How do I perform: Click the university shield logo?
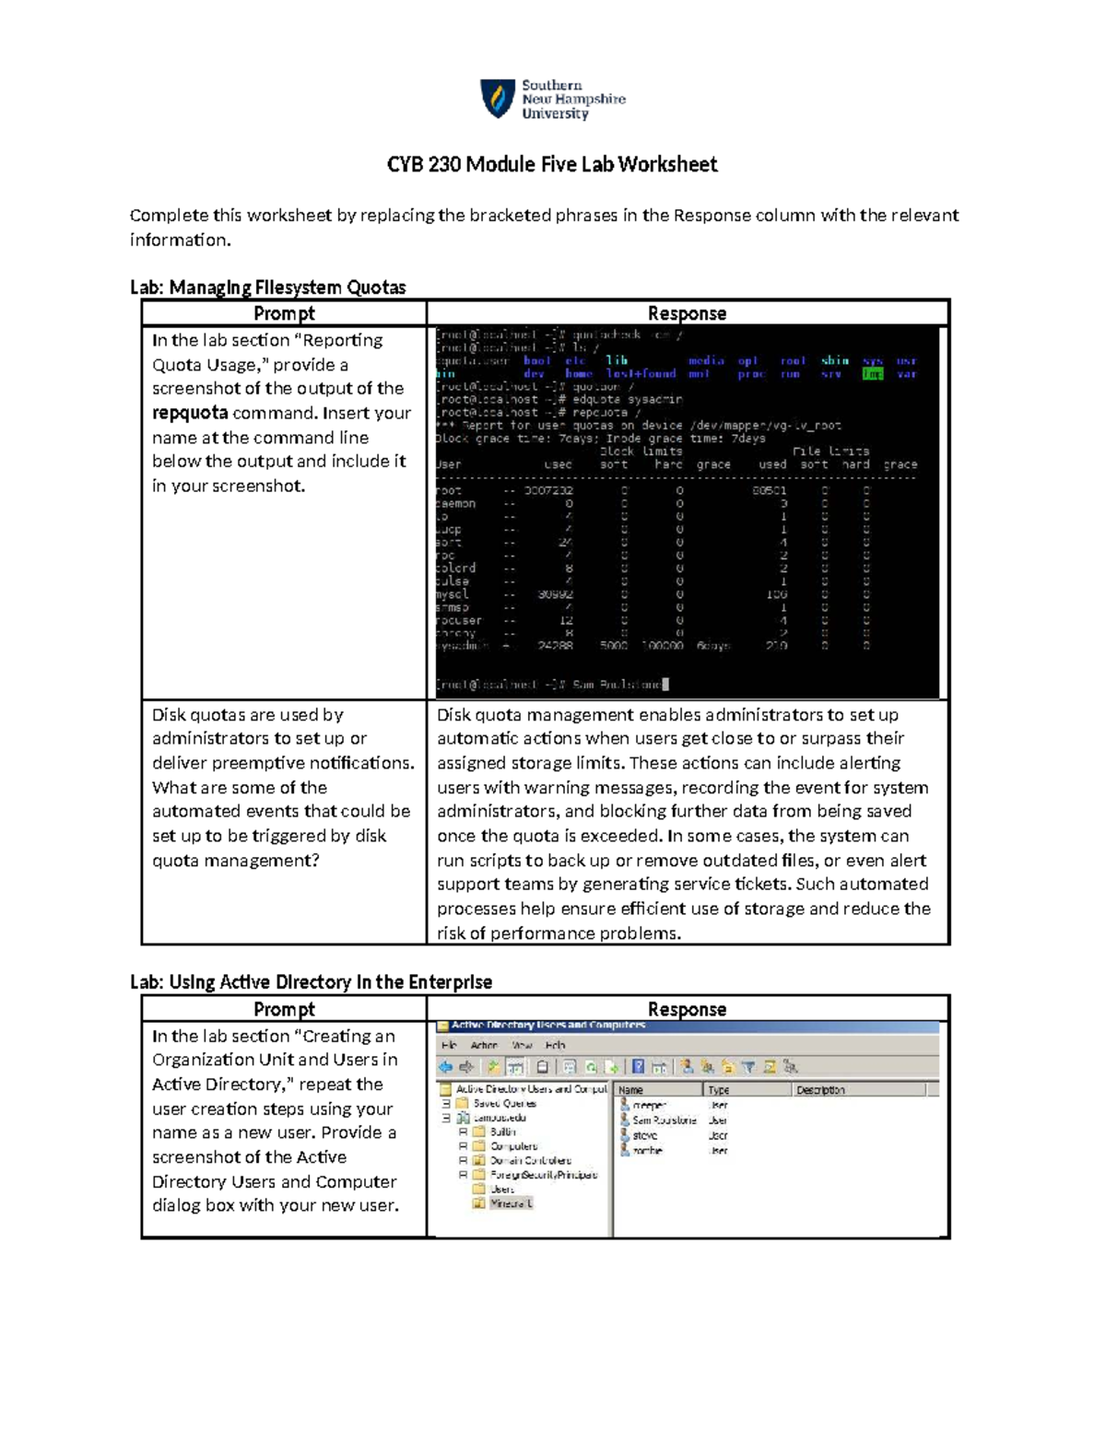498,99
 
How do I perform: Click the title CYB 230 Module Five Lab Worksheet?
551,165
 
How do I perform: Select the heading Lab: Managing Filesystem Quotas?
267,287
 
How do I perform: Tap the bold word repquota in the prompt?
190,413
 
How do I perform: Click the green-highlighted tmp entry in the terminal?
872,374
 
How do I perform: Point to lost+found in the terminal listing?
641,374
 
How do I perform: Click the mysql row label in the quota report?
453,594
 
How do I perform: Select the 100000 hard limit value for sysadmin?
663,646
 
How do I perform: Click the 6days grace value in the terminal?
713,646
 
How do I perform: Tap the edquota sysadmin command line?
559,400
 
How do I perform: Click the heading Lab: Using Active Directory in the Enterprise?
311,982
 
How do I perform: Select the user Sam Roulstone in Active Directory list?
664,1120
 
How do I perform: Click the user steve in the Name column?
645,1135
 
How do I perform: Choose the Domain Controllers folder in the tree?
530,1160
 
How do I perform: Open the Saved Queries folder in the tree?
504,1103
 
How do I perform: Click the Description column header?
820,1090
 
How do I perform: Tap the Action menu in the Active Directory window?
484,1045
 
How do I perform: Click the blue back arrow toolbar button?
445,1067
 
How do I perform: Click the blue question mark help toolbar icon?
638,1067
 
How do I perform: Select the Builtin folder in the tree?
502,1132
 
